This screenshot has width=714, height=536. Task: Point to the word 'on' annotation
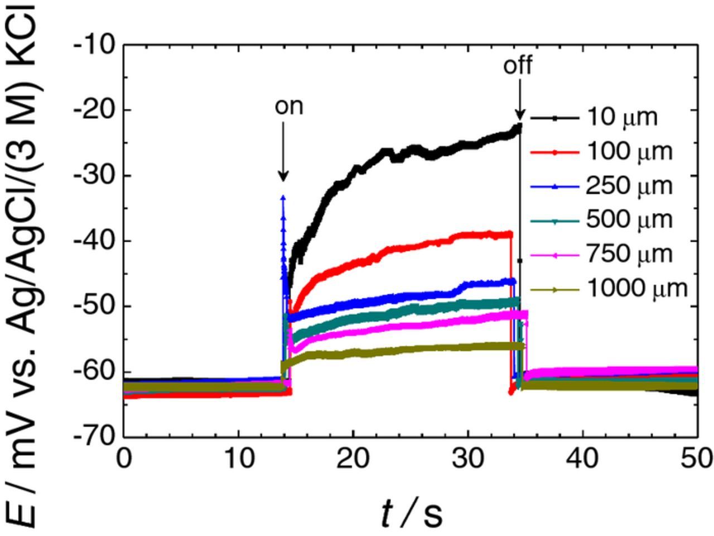pyautogui.click(x=288, y=106)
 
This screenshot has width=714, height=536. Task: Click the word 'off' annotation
pyautogui.click(x=517, y=66)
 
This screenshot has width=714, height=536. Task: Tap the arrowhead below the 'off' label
pyautogui.click(x=520, y=115)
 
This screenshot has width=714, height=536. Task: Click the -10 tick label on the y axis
pyautogui.click(x=98, y=44)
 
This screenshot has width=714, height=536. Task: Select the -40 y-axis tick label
pyautogui.click(x=98, y=241)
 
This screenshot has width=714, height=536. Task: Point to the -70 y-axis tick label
pyautogui.click(x=98, y=436)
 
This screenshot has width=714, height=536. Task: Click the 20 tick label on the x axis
pyautogui.click(x=353, y=459)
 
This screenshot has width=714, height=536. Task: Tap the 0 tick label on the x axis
pyautogui.click(x=124, y=459)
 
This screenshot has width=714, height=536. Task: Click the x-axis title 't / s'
pyautogui.click(x=412, y=513)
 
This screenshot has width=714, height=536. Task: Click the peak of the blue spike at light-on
pyautogui.click(x=283, y=197)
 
